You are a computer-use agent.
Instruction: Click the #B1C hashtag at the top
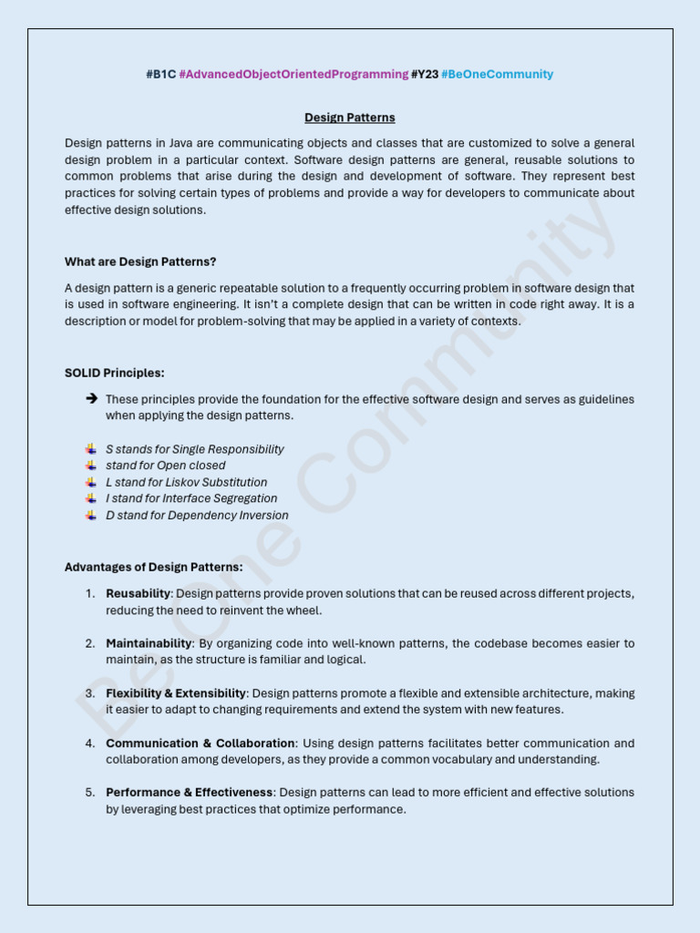click(x=160, y=74)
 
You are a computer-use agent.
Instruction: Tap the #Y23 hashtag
click(x=425, y=74)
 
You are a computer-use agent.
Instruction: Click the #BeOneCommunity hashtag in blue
click(x=497, y=74)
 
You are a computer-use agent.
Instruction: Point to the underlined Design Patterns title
click(x=350, y=118)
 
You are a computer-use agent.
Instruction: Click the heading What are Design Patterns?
click(x=140, y=261)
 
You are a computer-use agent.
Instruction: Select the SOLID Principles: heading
click(x=115, y=373)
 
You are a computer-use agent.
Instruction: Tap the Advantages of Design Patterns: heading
click(x=153, y=567)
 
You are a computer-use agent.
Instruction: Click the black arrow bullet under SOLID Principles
click(x=91, y=399)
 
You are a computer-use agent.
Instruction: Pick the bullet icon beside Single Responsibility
click(x=91, y=449)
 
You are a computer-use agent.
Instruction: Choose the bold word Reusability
click(x=138, y=593)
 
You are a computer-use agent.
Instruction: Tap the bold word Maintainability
click(x=149, y=643)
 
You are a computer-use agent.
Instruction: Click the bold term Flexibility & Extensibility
click(x=176, y=693)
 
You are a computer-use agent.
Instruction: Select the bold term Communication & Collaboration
click(x=201, y=743)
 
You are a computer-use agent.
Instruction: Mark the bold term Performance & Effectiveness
click(x=189, y=793)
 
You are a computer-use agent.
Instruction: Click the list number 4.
click(x=90, y=743)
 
